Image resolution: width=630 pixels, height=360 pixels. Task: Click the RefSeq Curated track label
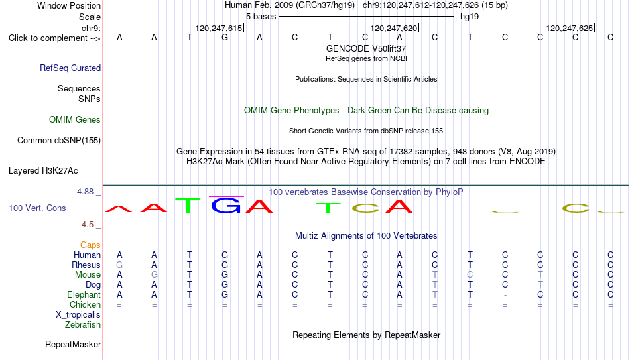[70, 68]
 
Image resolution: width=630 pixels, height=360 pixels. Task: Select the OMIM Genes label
[75, 120]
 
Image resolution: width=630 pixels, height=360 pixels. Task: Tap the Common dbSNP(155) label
[59, 141]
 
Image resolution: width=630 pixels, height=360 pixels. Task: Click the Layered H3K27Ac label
[43, 171]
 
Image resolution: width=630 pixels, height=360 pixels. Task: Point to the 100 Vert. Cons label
[37, 208]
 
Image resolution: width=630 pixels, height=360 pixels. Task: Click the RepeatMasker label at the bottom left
[73, 344]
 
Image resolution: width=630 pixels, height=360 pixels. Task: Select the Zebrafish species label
[83, 324]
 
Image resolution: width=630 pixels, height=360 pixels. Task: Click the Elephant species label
[84, 294]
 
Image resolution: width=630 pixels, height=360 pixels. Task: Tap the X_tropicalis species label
[78, 315]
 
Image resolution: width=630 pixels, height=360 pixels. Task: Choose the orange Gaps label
[90, 245]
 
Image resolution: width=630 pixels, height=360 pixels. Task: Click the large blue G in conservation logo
[225, 206]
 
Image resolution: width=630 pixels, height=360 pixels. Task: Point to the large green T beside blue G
[188, 206]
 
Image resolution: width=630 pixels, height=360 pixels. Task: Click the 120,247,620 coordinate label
[393, 28]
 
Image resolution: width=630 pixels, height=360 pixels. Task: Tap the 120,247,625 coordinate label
[569, 28]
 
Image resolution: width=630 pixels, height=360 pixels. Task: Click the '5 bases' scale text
[261, 17]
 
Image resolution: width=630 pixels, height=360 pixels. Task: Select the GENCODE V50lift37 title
[366, 48]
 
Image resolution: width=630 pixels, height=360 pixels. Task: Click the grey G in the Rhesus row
[119, 265]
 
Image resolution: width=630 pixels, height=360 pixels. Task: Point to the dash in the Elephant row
[505, 295]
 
